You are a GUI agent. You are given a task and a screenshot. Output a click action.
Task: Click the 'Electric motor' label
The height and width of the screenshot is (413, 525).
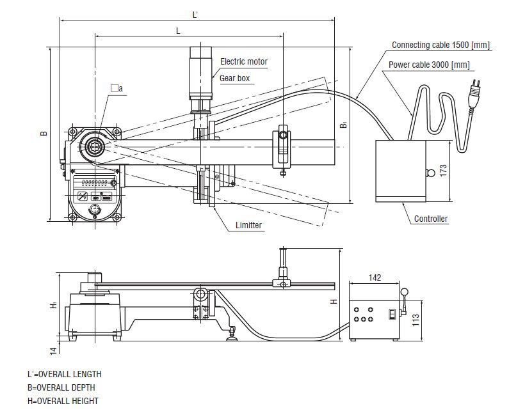click(243, 62)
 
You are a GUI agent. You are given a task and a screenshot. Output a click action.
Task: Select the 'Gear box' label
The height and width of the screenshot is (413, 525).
click(234, 79)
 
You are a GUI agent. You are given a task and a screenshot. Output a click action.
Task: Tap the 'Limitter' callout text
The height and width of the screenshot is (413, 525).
click(248, 225)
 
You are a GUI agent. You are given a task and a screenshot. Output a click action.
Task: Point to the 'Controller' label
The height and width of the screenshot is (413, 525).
click(430, 219)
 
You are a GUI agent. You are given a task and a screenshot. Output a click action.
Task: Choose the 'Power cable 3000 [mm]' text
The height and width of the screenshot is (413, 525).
click(429, 65)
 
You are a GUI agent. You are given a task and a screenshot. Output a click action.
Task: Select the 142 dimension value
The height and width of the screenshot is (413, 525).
click(375, 277)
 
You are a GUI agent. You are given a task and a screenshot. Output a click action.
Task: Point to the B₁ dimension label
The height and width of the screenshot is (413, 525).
click(344, 126)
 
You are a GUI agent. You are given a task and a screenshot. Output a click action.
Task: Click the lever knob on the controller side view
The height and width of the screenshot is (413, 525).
click(404, 292)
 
